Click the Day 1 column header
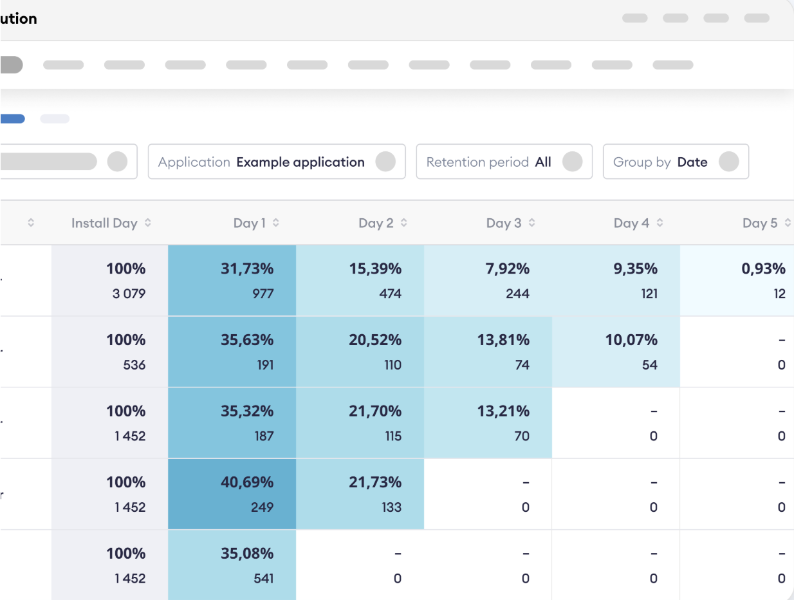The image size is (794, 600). click(x=250, y=223)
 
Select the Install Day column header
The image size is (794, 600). click(x=104, y=223)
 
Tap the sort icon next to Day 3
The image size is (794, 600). click(x=531, y=223)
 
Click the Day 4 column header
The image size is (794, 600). click(x=631, y=223)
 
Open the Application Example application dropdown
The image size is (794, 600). click(x=277, y=162)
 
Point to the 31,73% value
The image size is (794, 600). click(x=247, y=268)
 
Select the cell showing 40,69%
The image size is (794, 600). click(x=247, y=482)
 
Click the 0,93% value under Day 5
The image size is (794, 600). click(x=763, y=268)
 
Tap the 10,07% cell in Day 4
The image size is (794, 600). click(x=631, y=340)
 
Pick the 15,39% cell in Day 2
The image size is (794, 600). click(x=375, y=268)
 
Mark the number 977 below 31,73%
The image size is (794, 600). click(x=263, y=294)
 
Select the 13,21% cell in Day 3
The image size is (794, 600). click(x=503, y=411)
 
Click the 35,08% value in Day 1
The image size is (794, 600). click(x=247, y=554)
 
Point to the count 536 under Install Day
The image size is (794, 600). click(x=134, y=365)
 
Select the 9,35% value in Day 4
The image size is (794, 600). click(x=636, y=268)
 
